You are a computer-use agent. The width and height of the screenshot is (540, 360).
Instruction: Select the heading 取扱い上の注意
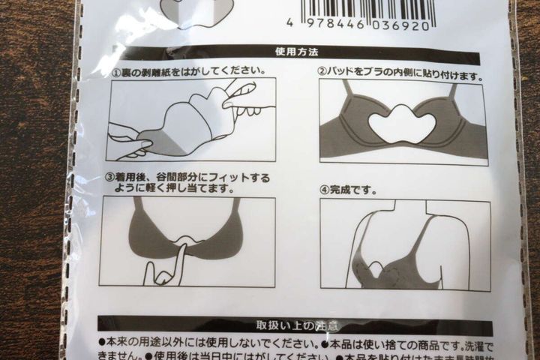[x=297, y=325]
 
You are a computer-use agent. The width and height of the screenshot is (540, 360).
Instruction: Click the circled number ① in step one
[x=116, y=72]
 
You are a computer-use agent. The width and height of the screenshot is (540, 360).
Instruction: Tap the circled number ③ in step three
[x=109, y=178]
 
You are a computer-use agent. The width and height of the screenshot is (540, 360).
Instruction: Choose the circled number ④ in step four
[x=324, y=190]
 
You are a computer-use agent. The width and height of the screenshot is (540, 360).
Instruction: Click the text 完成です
[x=352, y=190]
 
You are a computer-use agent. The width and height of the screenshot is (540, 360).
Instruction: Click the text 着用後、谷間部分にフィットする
[x=193, y=178]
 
